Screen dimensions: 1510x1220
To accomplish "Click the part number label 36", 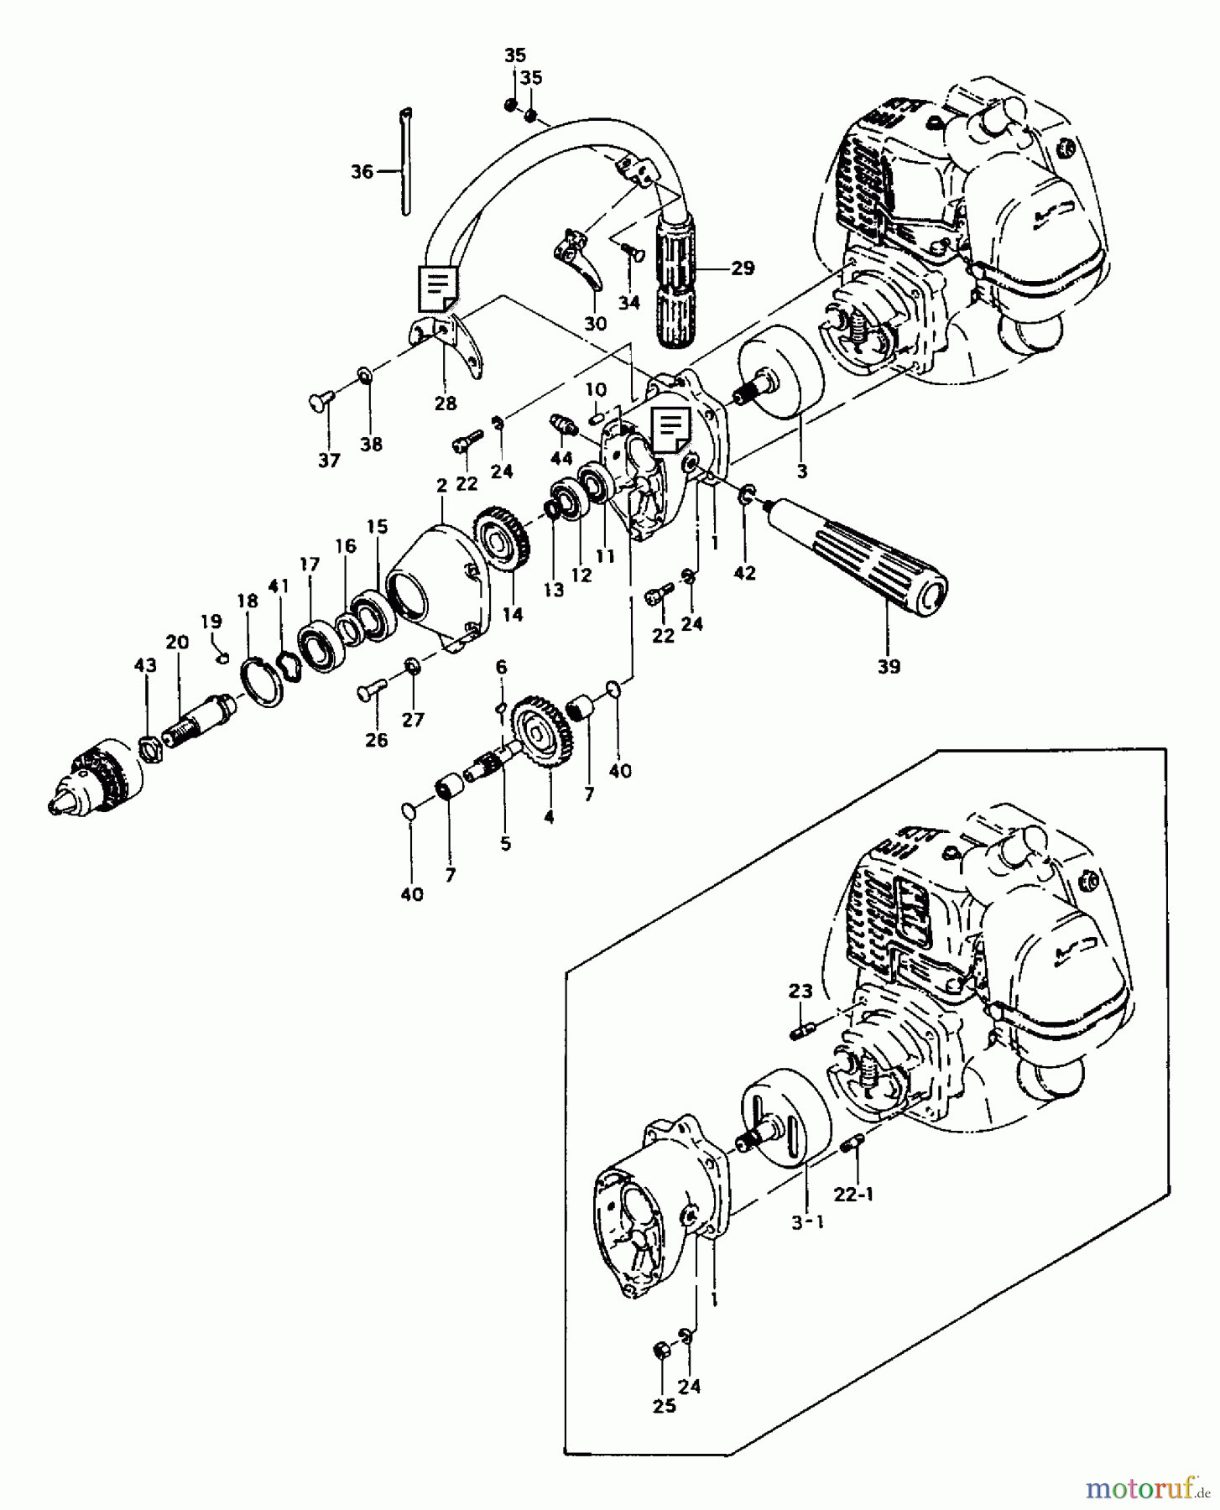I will (362, 172).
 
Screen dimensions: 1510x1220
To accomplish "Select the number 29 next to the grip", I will (742, 268).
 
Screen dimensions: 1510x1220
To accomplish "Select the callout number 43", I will (144, 665).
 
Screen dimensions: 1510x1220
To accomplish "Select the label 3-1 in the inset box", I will (808, 1222).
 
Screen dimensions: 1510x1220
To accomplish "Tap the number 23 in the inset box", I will (800, 991).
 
